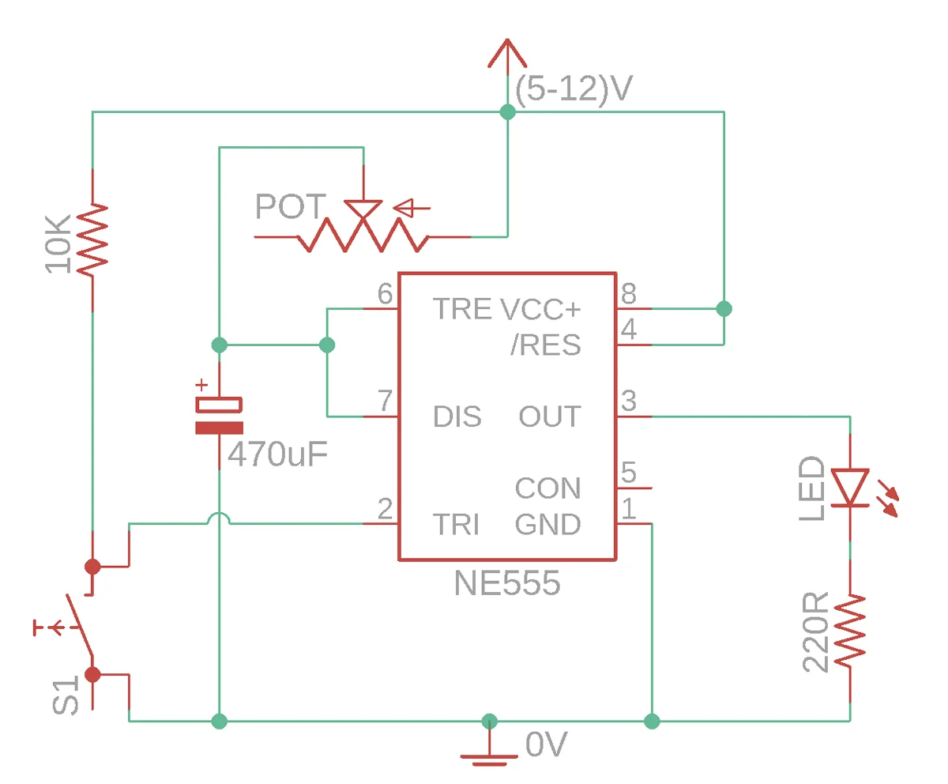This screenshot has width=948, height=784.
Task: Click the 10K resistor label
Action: click(x=58, y=244)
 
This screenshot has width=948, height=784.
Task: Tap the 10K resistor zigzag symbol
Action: click(x=92, y=239)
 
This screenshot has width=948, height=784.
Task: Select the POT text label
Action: click(x=291, y=206)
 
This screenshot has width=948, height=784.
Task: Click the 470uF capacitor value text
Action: click(x=277, y=454)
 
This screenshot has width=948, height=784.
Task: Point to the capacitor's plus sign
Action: click(x=201, y=385)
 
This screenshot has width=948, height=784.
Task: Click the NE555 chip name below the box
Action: click(x=507, y=582)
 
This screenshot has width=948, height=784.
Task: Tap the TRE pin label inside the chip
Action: click(x=461, y=309)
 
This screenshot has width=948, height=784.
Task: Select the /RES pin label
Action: click(x=545, y=345)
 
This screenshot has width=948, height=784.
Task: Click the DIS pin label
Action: click(x=457, y=416)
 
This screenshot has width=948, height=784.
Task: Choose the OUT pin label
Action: click(x=550, y=416)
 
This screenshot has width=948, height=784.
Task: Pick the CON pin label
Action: click(x=548, y=488)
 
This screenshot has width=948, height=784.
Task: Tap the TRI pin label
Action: click(x=457, y=524)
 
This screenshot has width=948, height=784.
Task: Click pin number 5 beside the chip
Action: click(x=629, y=472)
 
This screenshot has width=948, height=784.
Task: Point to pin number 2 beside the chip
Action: click(x=385, y=508)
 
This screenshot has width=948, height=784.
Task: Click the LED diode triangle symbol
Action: click(x=850, y=488)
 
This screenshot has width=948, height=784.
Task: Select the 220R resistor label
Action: click(x=815, y=631)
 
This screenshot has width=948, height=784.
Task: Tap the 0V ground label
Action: click(x=547, y=744)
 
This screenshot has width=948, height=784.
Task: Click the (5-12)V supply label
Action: click(x=574, y=89)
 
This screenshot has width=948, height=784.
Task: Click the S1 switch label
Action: click(x=66, y=695)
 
